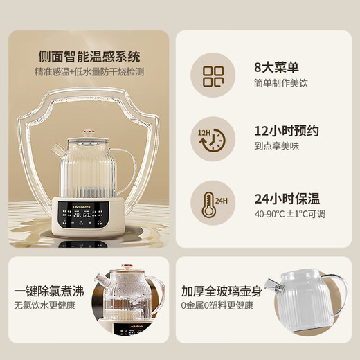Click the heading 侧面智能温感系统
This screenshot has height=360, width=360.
coord(89,57)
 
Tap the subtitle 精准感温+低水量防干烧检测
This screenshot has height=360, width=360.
coord(89,71)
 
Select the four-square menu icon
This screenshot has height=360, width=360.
coord(213,77)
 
